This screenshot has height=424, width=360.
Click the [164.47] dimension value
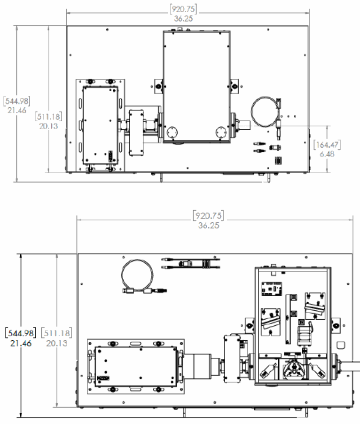(327, 144)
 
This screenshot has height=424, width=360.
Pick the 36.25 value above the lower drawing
(208, 225)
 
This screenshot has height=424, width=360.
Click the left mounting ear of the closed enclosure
(158, 86)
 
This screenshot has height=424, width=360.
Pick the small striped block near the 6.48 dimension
(278, 161)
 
